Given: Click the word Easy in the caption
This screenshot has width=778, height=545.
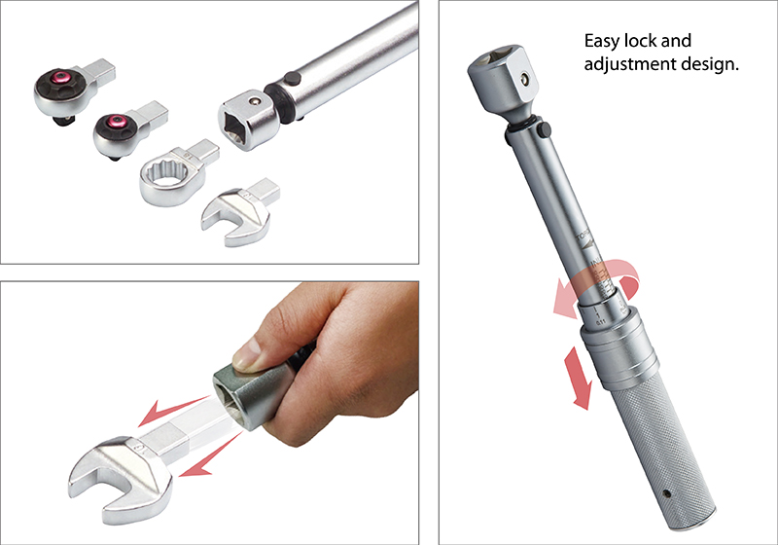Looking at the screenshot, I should click(603, 43).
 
